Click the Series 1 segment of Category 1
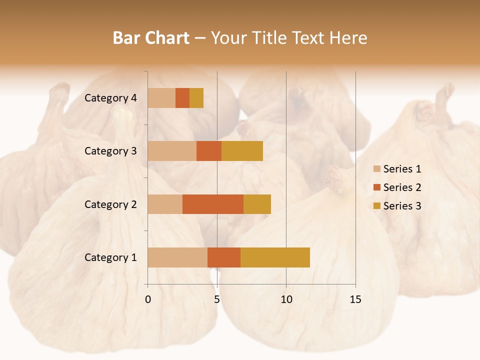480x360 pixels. coord(177,257)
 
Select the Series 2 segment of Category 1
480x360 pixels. coord(224,257)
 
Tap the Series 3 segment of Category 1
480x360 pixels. coord(275,257)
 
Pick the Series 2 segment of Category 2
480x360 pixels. coord(213,204)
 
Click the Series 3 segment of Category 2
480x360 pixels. coord(257,204)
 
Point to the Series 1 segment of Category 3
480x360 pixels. coord(172,151)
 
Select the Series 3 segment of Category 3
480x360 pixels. coord(242,151)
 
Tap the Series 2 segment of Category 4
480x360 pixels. coord(182,98)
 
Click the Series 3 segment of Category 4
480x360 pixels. coord(196,98)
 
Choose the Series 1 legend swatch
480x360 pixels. coord(377,169)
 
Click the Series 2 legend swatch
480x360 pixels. coord(377,187)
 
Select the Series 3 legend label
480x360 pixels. coord(402,206)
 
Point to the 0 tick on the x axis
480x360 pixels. coord(148,299)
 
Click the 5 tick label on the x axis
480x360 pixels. coord(217,299)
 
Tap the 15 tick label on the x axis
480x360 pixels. coord(355,299)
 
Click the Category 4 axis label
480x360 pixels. coord(110,98)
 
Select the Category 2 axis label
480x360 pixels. coord(110,204)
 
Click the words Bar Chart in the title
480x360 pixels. coord(151,38)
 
